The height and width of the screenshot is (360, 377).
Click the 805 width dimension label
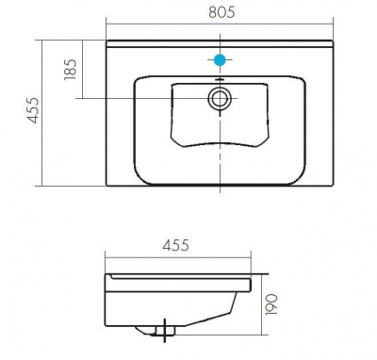coord(221,12)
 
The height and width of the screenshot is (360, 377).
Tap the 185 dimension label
coord(71,70)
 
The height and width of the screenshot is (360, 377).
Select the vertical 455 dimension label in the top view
coord(32,110)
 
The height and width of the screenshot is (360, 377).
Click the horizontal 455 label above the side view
coord(176,245)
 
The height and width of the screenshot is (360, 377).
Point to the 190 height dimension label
coord(271,304)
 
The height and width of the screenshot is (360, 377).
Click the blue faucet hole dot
coord(220,59)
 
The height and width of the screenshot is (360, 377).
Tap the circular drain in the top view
coord(220,99)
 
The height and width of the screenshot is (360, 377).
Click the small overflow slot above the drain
coord(220,80)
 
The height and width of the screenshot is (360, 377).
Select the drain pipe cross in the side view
coord(165,331)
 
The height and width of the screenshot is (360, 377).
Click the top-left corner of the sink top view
coord(107,41)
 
